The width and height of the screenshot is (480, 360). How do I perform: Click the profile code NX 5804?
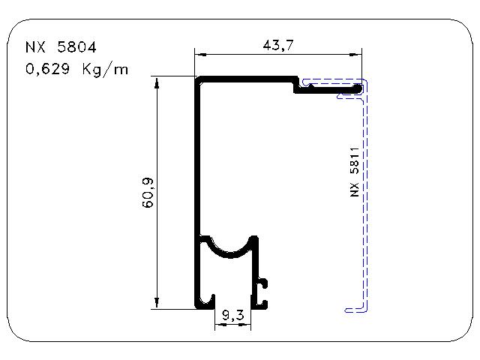61,47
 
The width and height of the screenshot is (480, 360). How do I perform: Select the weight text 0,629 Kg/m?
76,70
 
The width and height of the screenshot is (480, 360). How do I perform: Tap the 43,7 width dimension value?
278,45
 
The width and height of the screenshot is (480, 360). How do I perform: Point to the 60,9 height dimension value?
148,193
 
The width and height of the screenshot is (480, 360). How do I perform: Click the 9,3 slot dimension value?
233,315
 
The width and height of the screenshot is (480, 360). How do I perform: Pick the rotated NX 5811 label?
354,172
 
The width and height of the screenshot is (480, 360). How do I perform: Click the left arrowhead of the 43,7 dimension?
201,55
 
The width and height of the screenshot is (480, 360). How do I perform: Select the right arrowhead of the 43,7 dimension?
355,55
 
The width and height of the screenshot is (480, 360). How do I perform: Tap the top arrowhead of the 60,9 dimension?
157,83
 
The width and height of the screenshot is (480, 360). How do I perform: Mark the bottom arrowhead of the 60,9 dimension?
157,301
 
